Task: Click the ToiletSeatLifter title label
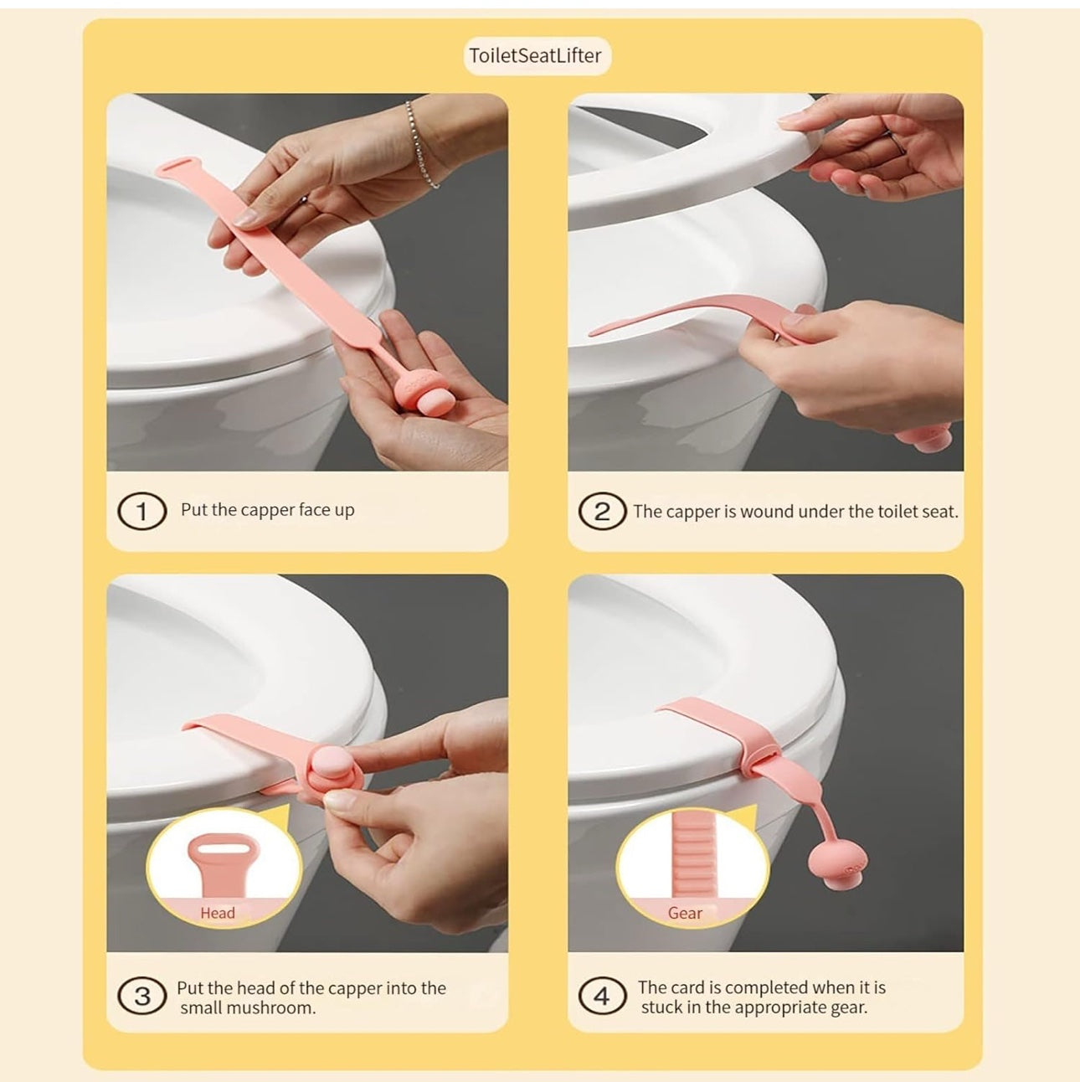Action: [x=536, y=55]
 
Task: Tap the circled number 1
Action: [x=142, y=511]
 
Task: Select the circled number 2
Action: [x=602, y=511]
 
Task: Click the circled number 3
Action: [x=142, y=996]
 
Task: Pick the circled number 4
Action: [x=602, y=996]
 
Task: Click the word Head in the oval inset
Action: [x=217, y=913]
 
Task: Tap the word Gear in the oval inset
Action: [x=685, y=913]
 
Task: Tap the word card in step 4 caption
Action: [x=687, y=987]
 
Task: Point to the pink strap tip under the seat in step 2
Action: [x=600, y=332]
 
